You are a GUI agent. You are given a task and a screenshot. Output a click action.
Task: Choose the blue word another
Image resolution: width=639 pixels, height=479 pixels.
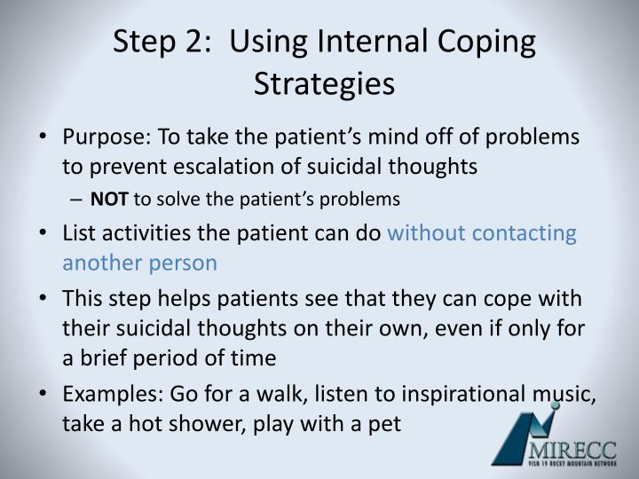[x=98, y=263]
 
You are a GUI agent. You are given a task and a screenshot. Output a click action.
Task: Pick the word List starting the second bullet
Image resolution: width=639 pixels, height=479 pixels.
[x=78, y=233]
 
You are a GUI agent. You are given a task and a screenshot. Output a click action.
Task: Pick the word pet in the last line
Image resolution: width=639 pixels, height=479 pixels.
[x=385, y=423]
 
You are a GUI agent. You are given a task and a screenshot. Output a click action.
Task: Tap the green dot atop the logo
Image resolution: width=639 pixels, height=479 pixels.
[x=555, y=405]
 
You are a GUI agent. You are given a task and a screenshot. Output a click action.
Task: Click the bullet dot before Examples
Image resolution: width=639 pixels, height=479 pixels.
[x=44, y=394]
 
